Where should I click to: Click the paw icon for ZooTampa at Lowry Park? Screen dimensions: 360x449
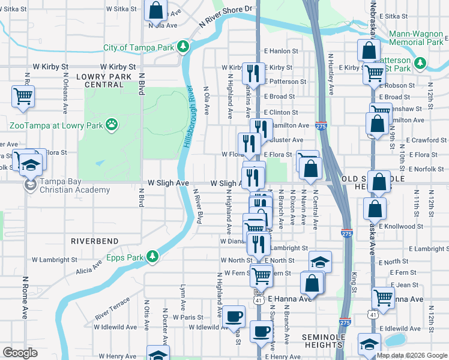click(x=111, y=125)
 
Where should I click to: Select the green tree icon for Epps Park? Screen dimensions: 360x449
click(x=152, y=256)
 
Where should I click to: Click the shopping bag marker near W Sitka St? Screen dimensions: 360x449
click(x=155, y=10)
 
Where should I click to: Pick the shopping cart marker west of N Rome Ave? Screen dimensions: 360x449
click(x=23, y=95)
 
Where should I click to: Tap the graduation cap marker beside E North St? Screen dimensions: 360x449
click(x=321, y=262)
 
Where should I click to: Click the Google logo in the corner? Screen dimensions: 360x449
click(x=20, y=353)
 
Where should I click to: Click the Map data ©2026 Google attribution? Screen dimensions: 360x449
click(x=412, y=355)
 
